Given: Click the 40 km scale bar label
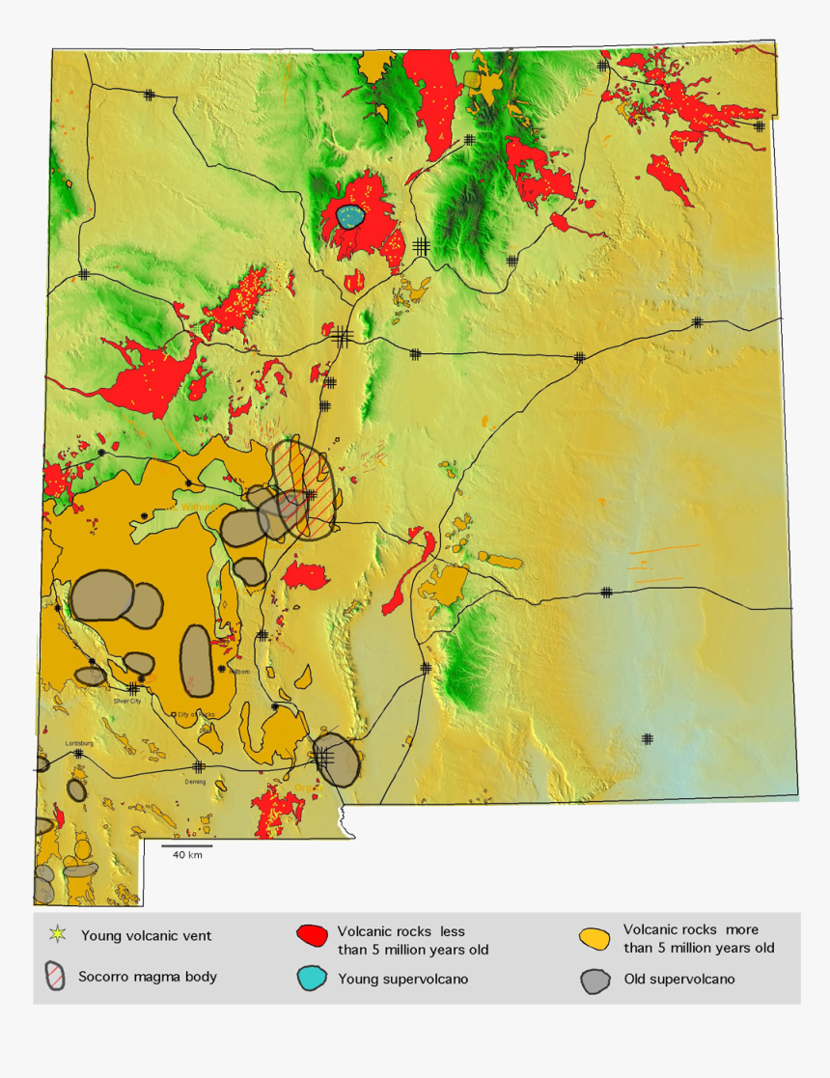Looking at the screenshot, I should [x=187, y=855].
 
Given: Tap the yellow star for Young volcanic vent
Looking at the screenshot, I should [x=58, y=934].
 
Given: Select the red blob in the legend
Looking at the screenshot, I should [x=311, y=935].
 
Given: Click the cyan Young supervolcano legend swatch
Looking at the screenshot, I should [x=311, y=978].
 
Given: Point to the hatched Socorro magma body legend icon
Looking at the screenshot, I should [x=57, y=976].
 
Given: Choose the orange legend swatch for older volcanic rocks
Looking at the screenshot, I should [x=595, y=938].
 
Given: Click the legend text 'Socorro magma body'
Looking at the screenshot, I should [x=148, y=977].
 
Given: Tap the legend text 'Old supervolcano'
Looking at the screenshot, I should [x=678, y=980].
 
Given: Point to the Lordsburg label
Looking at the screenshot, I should [x=78, y=743].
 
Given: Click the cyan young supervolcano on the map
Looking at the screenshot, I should [x=352, y=217].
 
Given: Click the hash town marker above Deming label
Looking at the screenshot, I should [x=198, y=766].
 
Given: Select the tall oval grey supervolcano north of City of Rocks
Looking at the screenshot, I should [x=197, y=660].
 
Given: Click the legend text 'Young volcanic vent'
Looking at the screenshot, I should [x=146, y=935].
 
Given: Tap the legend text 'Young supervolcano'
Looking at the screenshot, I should [x=402, y=979].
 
